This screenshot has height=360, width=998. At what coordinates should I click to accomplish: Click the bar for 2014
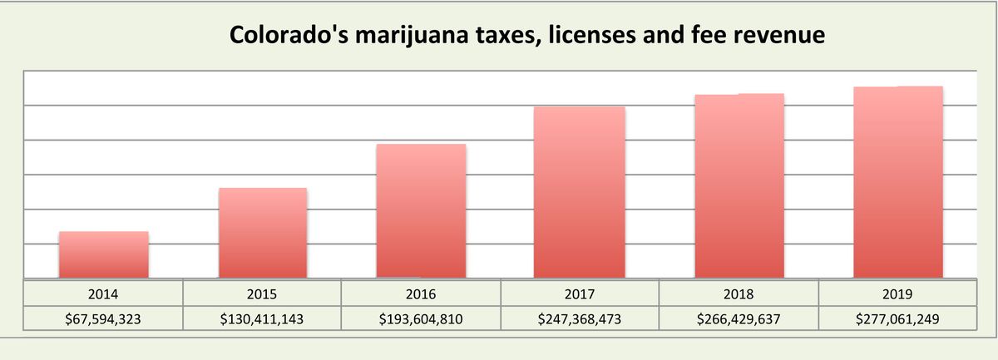click(103, 254)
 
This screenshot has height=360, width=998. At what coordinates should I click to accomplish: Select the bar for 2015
click(263, 233)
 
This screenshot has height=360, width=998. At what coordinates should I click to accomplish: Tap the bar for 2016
click(421, 211)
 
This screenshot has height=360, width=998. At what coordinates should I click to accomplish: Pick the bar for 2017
click(579, 192)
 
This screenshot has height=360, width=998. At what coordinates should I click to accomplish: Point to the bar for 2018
click(739, 186)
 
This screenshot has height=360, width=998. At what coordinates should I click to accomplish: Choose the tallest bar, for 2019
click(898, 182)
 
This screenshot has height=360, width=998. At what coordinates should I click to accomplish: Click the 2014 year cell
click(103, 293)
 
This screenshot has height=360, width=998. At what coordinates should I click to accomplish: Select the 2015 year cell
click(262, 293)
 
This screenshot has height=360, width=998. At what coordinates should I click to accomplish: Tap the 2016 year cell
click(421, 293)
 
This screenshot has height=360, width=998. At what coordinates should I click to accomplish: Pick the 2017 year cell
click(580, 293)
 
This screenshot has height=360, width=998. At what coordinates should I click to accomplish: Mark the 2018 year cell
click(739, 293)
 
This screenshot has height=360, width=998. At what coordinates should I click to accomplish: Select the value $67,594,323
click(103, 318)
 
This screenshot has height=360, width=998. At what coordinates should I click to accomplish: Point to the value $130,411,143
click(262, 318)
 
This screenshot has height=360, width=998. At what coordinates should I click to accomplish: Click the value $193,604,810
click(421, 318)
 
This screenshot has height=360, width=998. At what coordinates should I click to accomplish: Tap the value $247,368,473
click(580, 318)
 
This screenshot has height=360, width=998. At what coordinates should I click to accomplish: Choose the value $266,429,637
click(739, 318)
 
